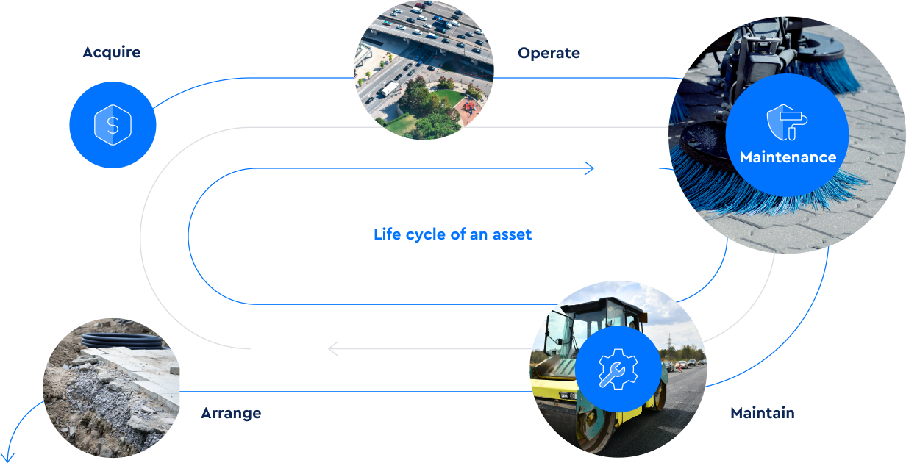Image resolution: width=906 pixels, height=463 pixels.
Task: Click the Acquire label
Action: pyautogui.click(x=112, y=53)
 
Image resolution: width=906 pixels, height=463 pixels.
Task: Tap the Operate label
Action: pyautogui.click(x=549, y=53)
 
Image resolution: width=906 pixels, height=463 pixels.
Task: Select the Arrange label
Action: pyautogui.click(x=231, y=413)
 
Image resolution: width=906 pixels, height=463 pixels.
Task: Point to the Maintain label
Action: pyautogui.click(x=763, y=413)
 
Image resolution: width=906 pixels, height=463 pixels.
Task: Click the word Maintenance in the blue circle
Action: pyautogui.click(x=788, y=157)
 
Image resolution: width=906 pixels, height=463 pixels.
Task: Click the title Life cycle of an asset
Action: pyautogui.click(x=452, y=234)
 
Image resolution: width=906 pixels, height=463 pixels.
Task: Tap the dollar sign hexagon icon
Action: pyautogui.click(x=113, y=125)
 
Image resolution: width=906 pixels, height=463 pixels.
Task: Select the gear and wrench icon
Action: pyautogui.click(x=618, y=369)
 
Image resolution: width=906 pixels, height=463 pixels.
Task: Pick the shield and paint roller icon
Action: pyautogui.click(x=787, y=122)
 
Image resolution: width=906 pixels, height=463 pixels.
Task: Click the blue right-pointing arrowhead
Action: pyautogui.click(x=590, y=168)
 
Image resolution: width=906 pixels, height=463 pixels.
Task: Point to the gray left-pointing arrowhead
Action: pyautogui.click(x=333, y=348)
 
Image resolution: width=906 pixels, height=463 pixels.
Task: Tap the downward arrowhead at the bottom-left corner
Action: pyautogui.click(x=7, y=458)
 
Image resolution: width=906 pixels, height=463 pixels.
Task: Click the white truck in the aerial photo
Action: pyautogui.click(x=389, y=88)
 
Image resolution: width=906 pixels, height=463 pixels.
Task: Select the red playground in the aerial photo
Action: pyautogui.click(x=469, y=107)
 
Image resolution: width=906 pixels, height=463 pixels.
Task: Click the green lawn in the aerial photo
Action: pyautogui.click(x=449, y=98)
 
